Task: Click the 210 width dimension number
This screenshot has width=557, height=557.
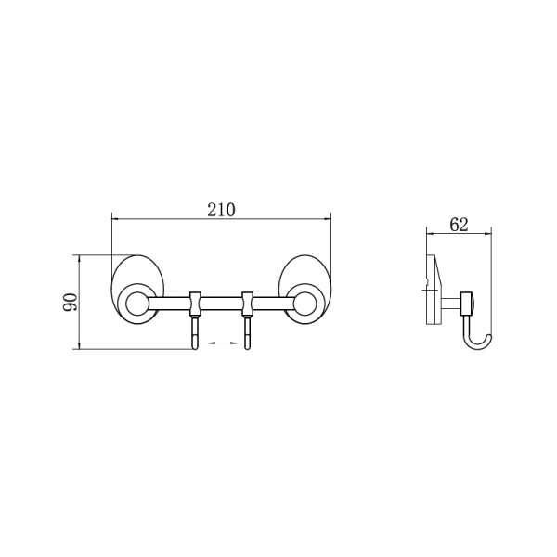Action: (221, 210)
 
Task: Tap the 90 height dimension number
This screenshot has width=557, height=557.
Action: (70, 302)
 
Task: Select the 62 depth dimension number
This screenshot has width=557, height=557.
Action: (459, 225)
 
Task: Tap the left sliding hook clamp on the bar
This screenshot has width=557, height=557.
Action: (195, 304)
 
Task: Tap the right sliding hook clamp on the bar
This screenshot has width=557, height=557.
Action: (247, 304)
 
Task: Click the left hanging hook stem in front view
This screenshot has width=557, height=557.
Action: (195, 333)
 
